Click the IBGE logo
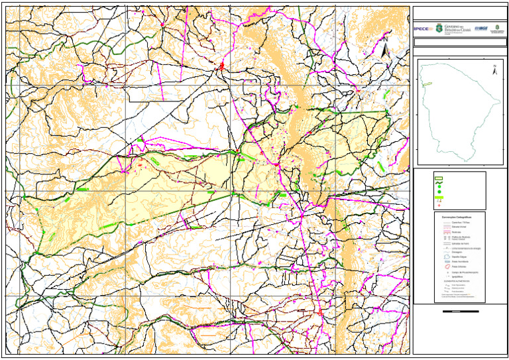[482, 29]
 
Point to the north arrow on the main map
[384, 50]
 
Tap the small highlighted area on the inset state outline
[428, 84]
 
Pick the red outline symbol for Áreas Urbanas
[437, 267]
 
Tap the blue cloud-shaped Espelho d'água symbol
[437, 257]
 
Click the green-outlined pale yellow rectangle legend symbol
[437, 178]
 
